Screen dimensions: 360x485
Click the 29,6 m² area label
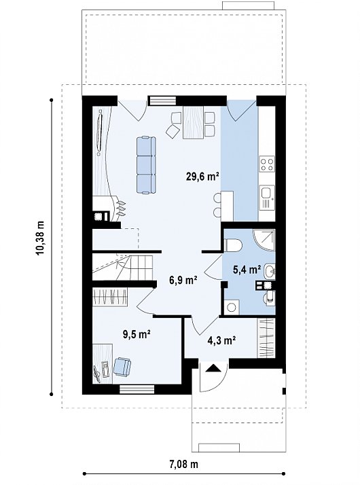coord(202,177)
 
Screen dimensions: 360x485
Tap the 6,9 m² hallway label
coord(183,280)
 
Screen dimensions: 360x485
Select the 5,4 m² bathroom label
coord(247,270)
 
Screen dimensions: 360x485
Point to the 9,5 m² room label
coord(137,334)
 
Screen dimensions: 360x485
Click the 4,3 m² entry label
coord(222,340)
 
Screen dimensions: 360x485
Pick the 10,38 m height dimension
coord(40,238)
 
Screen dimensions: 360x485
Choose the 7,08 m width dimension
coord(183,464)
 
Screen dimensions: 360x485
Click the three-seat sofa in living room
coord(146,165)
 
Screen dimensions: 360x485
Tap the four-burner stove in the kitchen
coord(267,164)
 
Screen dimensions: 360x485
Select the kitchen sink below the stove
coord(267,197)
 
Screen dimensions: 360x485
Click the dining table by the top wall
coord(193,122)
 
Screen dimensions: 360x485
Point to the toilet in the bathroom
coord(233,245)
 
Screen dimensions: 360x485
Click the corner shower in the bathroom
coord(264,240)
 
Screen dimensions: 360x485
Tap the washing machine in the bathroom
coord(232,307)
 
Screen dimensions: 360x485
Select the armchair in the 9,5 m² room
coord(122,366)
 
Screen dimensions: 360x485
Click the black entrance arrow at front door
coord(213,368)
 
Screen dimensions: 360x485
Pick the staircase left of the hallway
coord(123,267)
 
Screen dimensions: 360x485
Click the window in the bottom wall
coord(137,389)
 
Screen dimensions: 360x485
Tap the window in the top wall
coord(162,101)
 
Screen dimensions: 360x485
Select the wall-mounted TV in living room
coord(100,132)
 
